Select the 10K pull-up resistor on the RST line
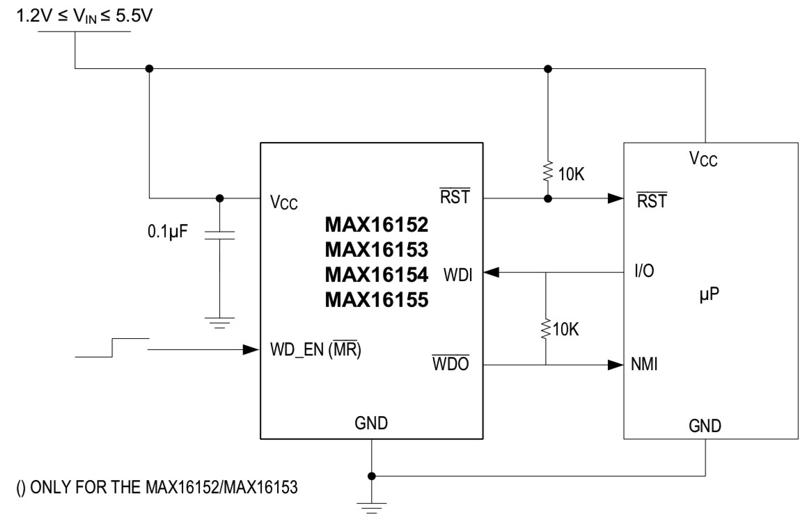pyautogui.click(x=548, y=170)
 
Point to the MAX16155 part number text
pyautogui.click(x=376, y=300)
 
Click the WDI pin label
pyautogui.click(x=457, y=276)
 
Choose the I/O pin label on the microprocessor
pyautogui.click(x=644, y=270)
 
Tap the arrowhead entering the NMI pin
pyautogui.click(x=615, y=365)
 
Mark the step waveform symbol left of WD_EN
pyautogui.click(x=111, y=348)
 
